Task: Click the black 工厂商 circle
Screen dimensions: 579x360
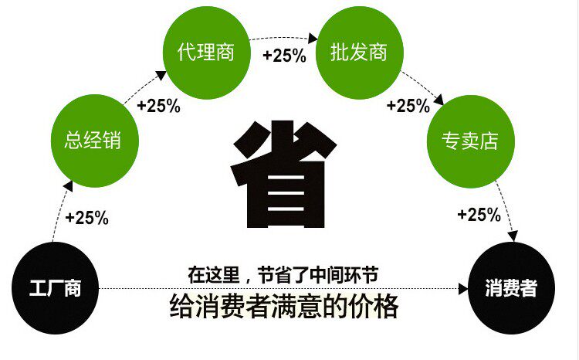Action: (x=56, y=288)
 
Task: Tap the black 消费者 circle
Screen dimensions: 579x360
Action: (x=511, y=288)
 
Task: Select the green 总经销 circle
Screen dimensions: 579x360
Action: (x=95, y=141)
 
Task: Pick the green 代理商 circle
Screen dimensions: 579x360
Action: (x=207, y=53)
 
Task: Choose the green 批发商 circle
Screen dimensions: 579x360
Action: (x=360, y=53)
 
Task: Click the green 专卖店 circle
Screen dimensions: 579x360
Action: (x=471, y=141)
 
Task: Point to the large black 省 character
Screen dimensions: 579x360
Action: (x=283, y=174)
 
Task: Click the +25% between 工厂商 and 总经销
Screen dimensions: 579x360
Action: (x=86, y=217)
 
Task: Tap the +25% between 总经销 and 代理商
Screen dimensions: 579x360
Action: (x=158, y=106)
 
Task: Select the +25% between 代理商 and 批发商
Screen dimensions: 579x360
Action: (x=284, y=56)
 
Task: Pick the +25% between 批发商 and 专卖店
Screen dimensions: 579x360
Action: (x=408, y=105)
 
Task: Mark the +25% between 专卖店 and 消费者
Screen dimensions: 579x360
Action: (x=479, y=215)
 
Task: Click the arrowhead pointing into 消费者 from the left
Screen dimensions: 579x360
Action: (x=463, y=289)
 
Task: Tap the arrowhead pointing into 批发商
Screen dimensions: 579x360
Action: (x=313, y=38)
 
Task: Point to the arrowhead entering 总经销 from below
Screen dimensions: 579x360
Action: (x=68, y=186)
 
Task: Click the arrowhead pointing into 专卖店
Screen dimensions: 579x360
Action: (x=438, y=100)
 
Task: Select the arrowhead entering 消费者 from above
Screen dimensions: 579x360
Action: (x=513, y=236)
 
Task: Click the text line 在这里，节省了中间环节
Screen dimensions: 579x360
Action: (x=283, y=274)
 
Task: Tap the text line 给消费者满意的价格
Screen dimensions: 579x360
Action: (x=284, y=306)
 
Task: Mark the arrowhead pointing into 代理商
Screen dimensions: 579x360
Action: (x=161, y=75)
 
